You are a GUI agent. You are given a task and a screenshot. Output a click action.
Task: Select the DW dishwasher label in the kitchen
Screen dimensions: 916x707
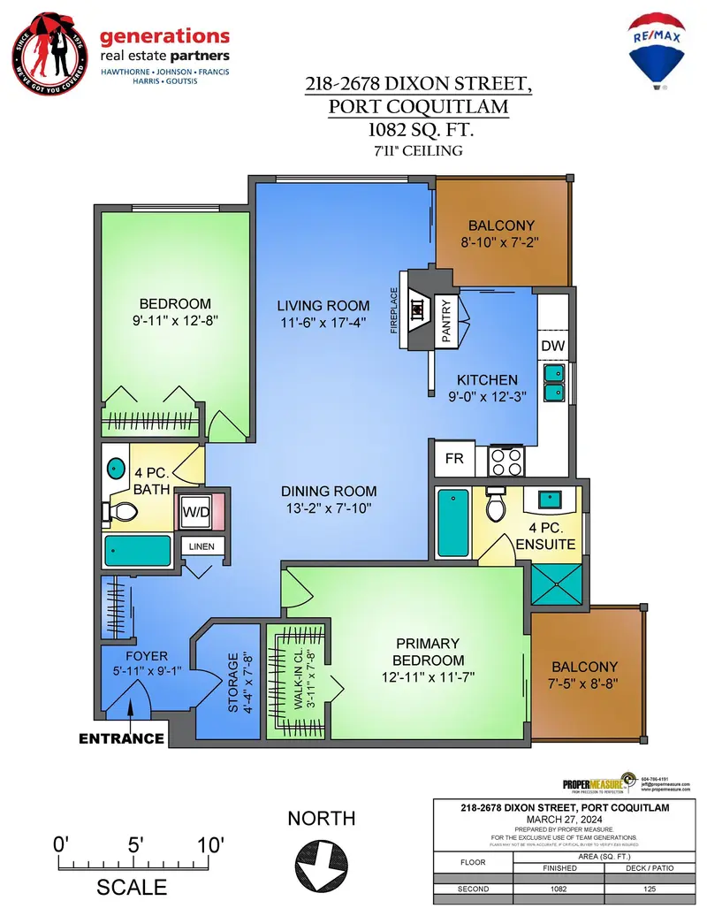[553, 346]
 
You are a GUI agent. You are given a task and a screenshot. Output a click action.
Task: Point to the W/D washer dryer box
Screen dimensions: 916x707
[195, 512]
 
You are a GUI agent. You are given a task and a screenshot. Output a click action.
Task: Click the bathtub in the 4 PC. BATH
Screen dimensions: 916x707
[138, 550]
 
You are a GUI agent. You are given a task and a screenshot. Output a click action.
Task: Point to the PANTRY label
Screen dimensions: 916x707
[446, 319]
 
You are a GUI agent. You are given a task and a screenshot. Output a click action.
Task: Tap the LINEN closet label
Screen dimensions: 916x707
[201, 547]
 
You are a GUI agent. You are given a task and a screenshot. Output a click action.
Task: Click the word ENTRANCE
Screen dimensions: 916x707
[121, 738]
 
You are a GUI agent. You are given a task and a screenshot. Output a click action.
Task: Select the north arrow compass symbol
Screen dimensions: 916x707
[321, 860]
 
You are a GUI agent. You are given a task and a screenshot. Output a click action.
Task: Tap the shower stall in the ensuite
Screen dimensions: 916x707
[557, 585]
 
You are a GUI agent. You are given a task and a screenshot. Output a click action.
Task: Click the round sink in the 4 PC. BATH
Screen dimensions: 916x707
[116, 467]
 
